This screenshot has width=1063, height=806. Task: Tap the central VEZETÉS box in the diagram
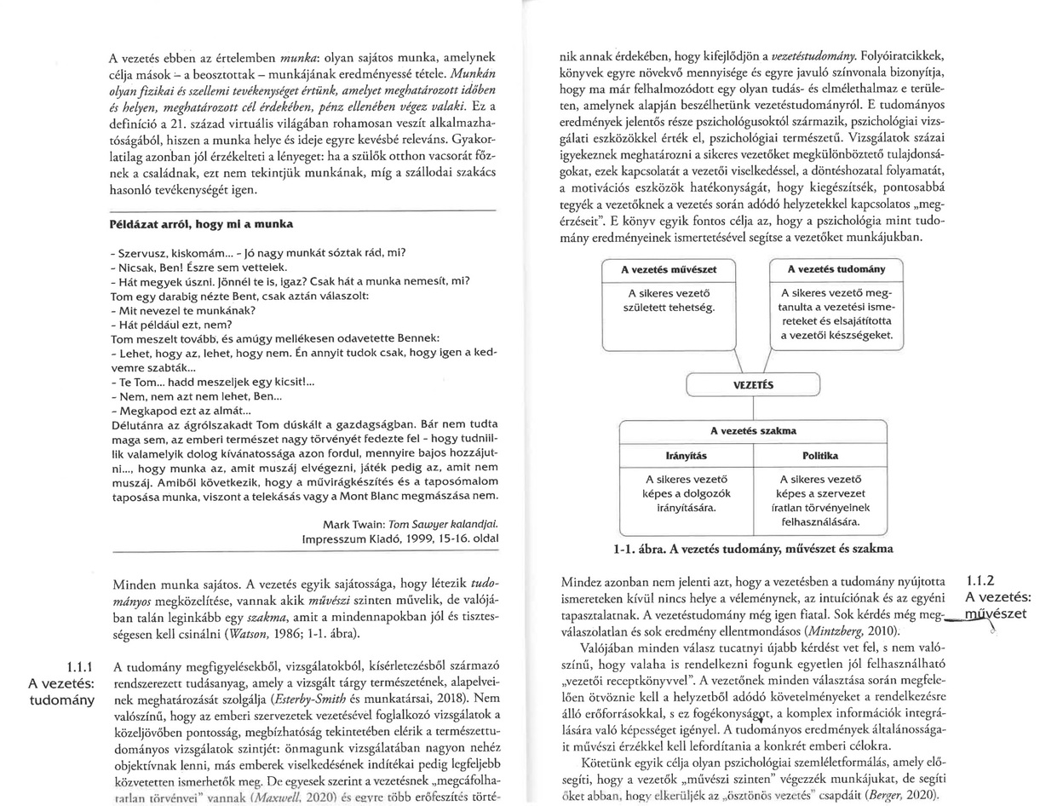(x=753, y=385)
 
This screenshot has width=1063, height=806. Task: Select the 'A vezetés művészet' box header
(x=667, y=269)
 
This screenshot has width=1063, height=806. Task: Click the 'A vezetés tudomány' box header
(x=835, y=269)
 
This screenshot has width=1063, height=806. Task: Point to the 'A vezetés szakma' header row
(x=753, y=431)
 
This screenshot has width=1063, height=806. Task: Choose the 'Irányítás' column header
(x=686, y=456)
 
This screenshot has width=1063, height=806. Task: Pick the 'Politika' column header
(x=819, y=456)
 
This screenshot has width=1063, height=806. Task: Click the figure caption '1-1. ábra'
(x=641, y=549)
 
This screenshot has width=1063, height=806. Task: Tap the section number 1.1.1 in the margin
(x=80, y=666)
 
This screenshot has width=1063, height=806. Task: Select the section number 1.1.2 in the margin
(x=980, y=581)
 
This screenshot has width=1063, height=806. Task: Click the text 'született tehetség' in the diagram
(x=668, y=307)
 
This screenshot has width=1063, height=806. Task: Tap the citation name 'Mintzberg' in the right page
(x=820, y=630)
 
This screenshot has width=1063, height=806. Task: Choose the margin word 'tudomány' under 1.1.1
(x=61, y=700)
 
